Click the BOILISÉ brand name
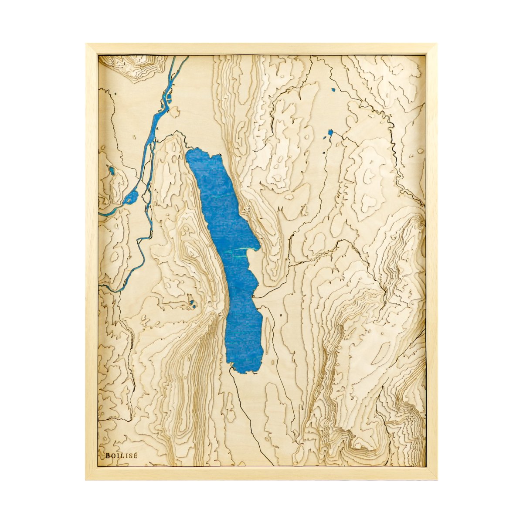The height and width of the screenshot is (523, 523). pos(122,455)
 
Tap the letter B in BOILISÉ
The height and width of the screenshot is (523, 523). pos(108,455)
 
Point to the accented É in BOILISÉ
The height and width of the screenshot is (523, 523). pos(136,455)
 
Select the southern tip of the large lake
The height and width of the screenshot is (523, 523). pos(244,371)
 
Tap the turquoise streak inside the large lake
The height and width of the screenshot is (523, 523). pos(244,250)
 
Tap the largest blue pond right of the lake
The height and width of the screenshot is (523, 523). pos(330,132)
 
